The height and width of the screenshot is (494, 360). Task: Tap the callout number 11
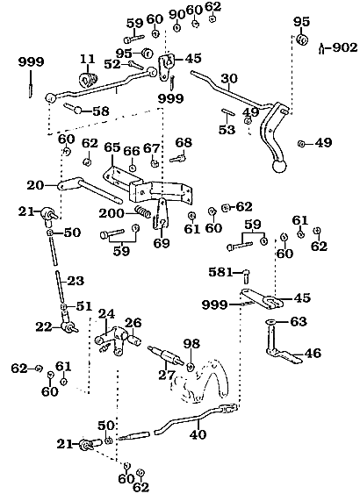pos(87,59)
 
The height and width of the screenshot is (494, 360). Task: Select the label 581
pos(220,272)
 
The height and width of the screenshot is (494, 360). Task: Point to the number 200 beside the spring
pos(112,213)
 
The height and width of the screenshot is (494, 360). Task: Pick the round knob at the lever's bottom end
pos(279,166)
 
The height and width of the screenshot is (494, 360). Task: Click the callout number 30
pos(229,78)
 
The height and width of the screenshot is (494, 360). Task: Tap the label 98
pos(191,343)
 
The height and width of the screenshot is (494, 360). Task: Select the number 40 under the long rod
pos(198,434)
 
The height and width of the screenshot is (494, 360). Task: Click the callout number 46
pos(313,353)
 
